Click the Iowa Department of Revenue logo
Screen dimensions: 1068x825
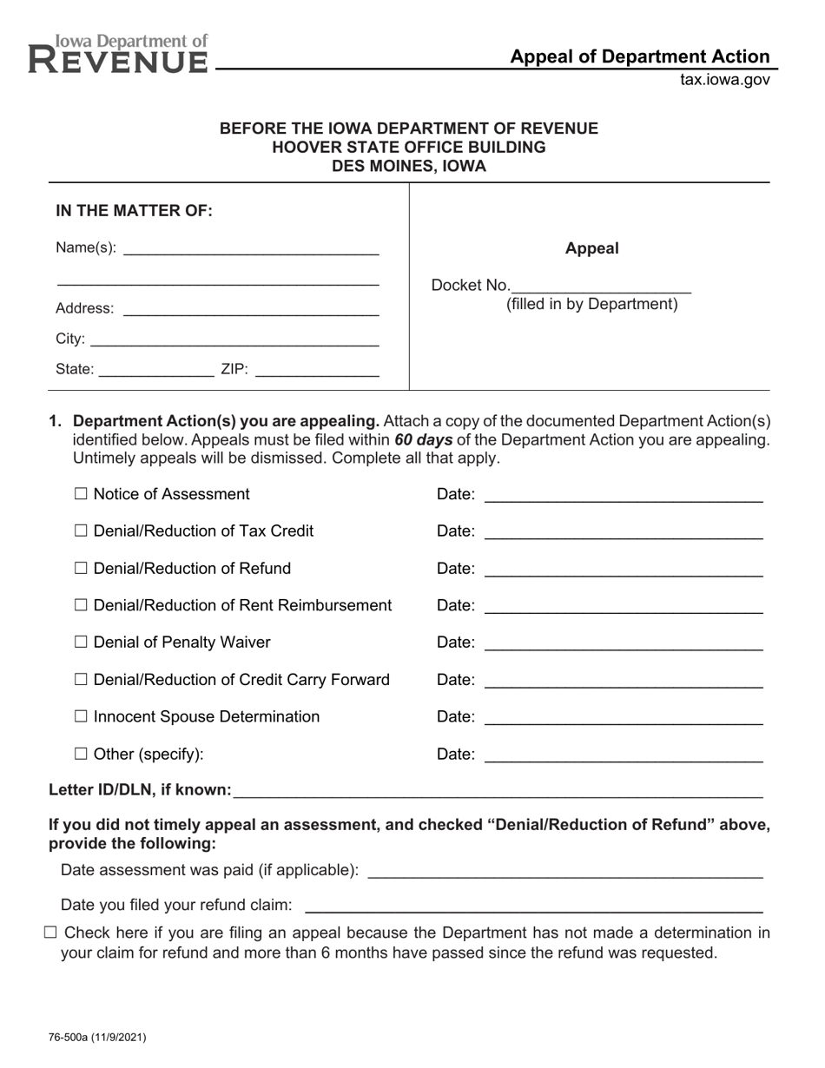(x=119, y=54)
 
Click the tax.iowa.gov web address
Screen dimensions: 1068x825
(x=724, y=80)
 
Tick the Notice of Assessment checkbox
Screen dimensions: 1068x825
(x=82, y=494)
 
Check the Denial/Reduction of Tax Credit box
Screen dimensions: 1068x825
(x=82, y=531)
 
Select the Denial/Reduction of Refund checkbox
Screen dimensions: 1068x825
(x=82, y=569)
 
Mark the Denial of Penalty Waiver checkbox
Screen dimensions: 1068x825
(x=82, y=643)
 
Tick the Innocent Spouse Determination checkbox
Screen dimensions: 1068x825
(x=82, y=717)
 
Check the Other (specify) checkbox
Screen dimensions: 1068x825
(x=82, y=755)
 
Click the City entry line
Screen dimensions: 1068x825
(x=234, y=339)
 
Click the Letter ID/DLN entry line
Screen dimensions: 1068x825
(x=498, y=790)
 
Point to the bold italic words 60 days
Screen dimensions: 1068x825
(x=423, y=439)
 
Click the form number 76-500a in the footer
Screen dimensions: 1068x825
(x=97, y=1037)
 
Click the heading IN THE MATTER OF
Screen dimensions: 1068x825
(x=134, y=211)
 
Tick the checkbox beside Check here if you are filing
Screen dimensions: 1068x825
(x=49, y=933)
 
